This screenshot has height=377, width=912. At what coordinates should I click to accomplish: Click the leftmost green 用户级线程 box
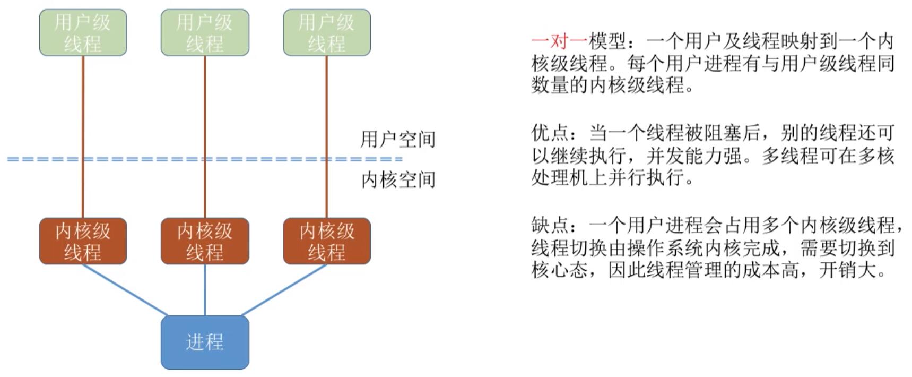pos(83,32)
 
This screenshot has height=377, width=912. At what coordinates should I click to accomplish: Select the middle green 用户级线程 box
pos(205,32)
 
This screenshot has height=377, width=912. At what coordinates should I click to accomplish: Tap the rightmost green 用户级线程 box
pos(327,32)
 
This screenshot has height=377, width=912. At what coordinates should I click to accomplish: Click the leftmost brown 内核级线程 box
pos(83,241)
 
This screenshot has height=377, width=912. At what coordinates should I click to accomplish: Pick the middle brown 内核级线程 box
pos(205,241)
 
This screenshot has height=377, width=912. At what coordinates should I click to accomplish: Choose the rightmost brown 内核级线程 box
pos(327,241)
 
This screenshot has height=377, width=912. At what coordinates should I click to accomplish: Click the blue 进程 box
pos(205,342)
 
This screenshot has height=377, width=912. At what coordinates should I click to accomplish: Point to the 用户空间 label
pos(397,139)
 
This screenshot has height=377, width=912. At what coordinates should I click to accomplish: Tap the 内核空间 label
pos(397,180)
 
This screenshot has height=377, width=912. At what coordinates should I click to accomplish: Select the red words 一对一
pos(559,41)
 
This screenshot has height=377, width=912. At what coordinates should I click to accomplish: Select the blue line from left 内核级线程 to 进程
pos(125,289)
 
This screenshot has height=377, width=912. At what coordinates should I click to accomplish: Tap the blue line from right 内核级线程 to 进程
pos(284,289)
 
